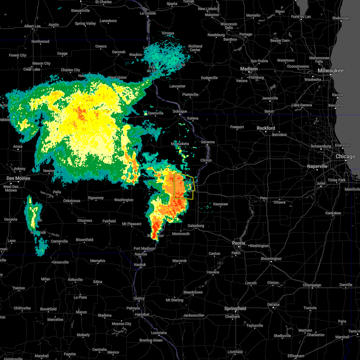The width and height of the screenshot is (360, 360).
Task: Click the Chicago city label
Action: (346, 157)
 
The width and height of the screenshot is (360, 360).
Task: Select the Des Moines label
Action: (19, 178)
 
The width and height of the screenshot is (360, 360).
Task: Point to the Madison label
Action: (249, 69)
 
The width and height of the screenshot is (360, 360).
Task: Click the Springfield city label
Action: (235, 308)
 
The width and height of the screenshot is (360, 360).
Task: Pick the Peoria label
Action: (238, 243)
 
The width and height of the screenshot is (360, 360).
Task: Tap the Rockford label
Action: (266, 128)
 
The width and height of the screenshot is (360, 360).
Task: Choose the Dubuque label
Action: (180, 111)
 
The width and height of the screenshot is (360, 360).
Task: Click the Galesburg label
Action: (196, 226)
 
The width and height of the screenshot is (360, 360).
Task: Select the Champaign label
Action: (312, 285)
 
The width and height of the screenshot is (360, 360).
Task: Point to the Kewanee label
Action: (220, 204)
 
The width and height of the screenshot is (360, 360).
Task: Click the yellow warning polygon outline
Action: (174, 186)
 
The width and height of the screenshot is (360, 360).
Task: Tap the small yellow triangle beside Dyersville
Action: (145, 113)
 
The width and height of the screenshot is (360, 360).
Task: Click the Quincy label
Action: (139, 298)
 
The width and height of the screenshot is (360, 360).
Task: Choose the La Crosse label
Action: (148, 13)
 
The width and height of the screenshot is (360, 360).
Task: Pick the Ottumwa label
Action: (85, 220)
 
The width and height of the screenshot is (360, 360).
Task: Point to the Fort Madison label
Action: (144, 248)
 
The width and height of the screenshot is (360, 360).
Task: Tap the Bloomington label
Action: (271, 259)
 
